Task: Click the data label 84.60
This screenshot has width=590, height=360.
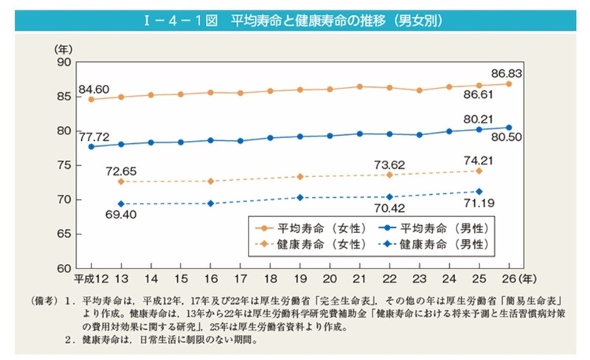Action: click(92, 89)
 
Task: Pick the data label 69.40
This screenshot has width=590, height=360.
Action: click(122, 215)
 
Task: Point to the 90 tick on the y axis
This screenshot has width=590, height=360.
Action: click(62, 63)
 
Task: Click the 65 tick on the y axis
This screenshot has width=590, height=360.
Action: click(62, 234)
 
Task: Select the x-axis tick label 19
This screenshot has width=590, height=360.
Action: click(300, 280)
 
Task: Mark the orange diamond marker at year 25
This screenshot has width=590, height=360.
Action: click(479, 171)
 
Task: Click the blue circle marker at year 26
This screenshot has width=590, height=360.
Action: click(509, 127)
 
